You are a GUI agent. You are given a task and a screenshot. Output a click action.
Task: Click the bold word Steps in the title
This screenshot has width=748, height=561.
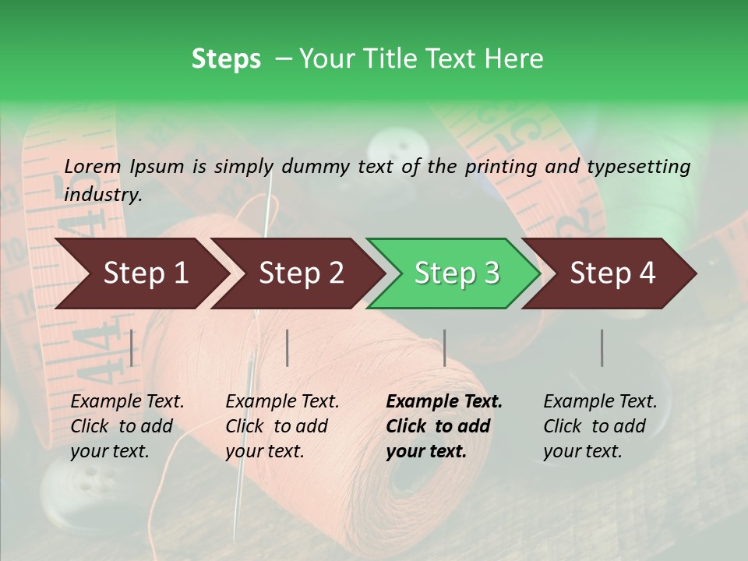click(226, 58)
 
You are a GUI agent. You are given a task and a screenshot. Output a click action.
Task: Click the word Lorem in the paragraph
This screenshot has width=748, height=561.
click(93, 166)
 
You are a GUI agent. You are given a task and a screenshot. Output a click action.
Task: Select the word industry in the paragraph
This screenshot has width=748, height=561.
click(103, 194)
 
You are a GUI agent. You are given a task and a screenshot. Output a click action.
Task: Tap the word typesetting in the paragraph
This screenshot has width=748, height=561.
click(639, 166)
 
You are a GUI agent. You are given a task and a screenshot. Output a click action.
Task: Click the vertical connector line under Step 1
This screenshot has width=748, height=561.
click(131, 348)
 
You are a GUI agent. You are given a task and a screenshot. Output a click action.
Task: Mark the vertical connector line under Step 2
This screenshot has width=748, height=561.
click(288, 348)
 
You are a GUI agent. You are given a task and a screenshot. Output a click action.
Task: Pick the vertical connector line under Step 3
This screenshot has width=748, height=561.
click(444, 348)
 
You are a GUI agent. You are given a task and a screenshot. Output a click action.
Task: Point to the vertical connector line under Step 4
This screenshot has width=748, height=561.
click(602, 348)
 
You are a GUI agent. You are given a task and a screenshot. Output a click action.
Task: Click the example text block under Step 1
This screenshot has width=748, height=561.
click(127, 426)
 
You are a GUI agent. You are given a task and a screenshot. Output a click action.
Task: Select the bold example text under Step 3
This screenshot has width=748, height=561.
click(444, 426)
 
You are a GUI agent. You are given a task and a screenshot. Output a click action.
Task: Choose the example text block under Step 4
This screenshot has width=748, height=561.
click(600, 426)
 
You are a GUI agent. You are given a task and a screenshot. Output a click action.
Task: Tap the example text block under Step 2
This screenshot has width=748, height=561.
click(282, 426)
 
